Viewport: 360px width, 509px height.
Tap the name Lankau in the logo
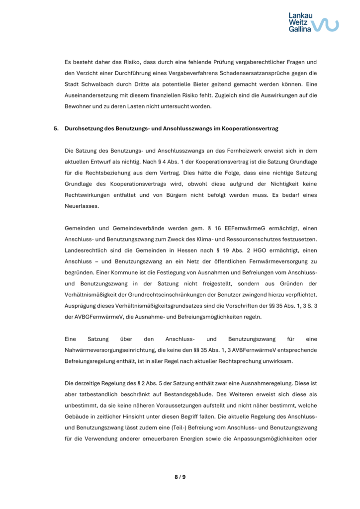point(300,15)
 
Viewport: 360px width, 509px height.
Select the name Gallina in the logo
point(300,29)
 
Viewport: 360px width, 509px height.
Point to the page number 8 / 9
point(180,477)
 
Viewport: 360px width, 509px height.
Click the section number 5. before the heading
point(56,128)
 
